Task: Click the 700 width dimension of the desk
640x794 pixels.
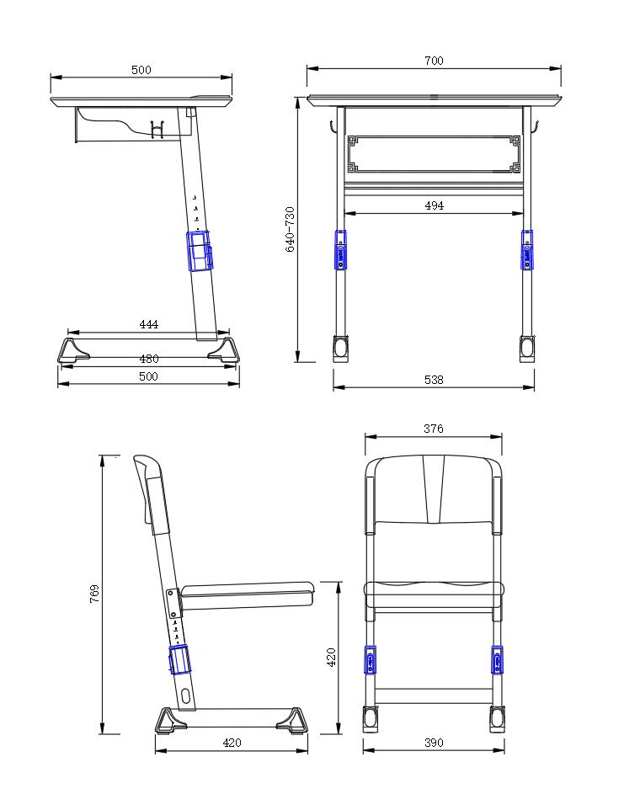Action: tap(434, 61)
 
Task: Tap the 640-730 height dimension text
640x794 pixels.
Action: tap(291, 229)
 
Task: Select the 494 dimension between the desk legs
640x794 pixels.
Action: tap(434, 205)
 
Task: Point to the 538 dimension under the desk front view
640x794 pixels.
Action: tap(434, 380)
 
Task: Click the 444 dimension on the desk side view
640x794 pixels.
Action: tap(149, 324)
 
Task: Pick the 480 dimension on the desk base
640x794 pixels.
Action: tap(149, 359)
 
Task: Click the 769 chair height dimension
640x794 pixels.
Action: tap(94, 594)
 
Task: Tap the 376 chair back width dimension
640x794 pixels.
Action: tap(434, 429)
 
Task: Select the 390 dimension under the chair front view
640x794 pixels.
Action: tap(434, 743)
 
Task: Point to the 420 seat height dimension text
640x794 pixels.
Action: tap(332, 657)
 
